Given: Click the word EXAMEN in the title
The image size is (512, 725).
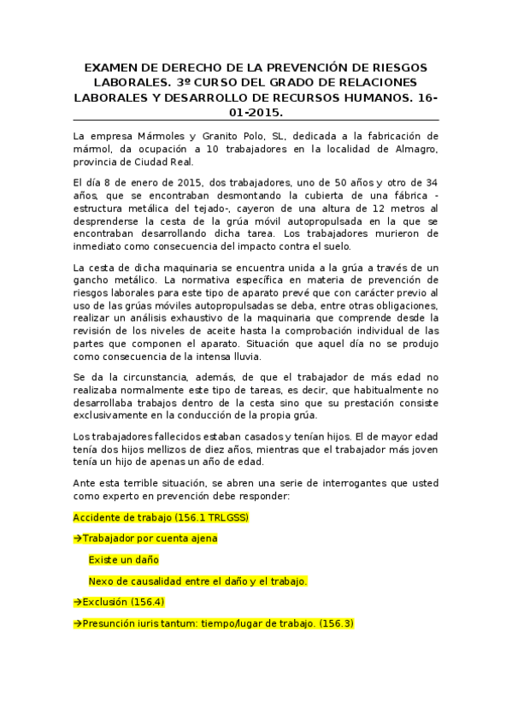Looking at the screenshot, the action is click(109, 67).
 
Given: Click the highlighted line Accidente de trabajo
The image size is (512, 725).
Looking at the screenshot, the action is click(161, 518).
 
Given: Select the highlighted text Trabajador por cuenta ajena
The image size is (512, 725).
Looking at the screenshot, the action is click(145, 539).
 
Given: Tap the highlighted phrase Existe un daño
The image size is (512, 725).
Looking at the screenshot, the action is click(123, 560).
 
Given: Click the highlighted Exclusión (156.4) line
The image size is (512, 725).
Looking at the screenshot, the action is click(119, 602).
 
